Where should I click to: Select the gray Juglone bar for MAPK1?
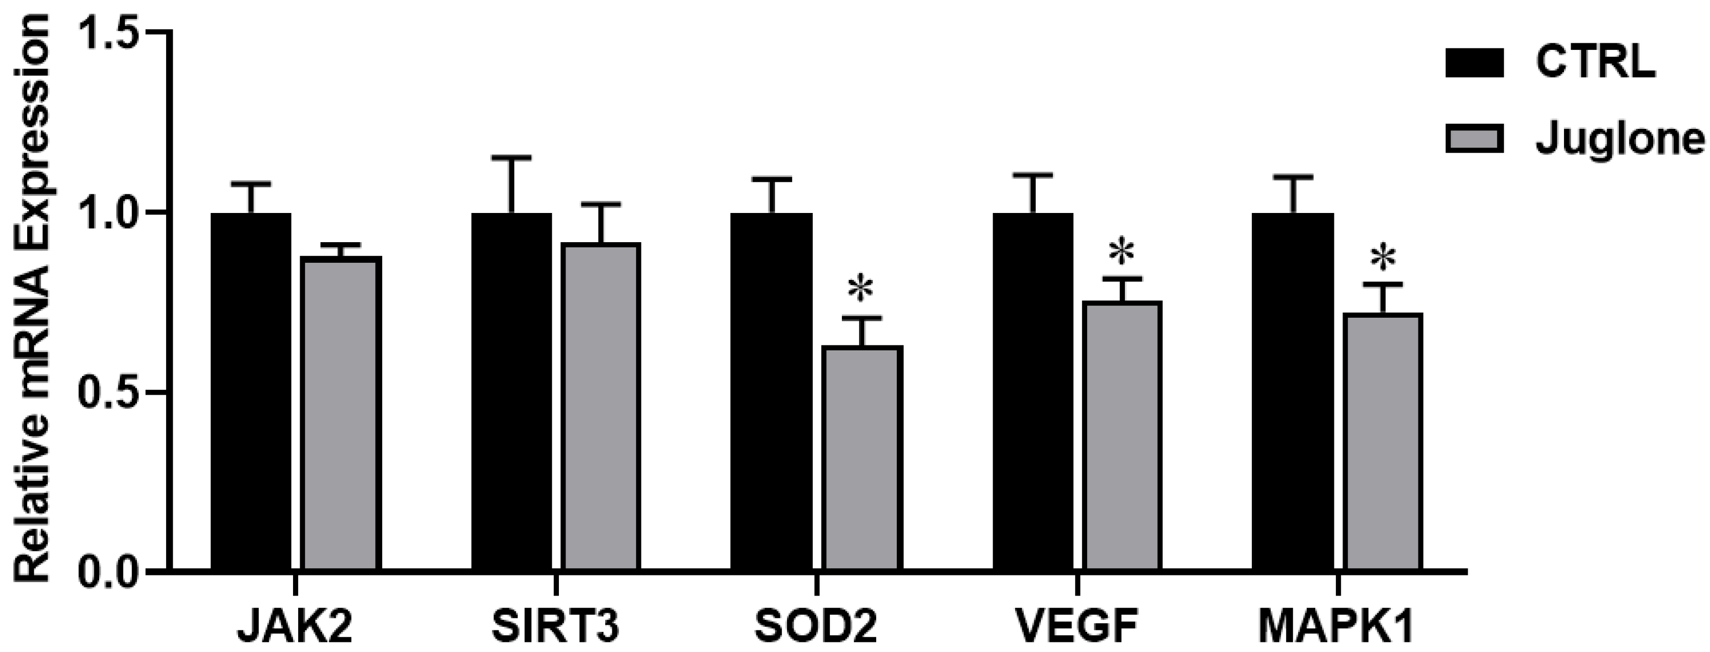(x=1383, y=441)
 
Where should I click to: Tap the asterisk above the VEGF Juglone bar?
(x=1122, y=252)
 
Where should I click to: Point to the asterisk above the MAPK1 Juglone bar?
(x=1383, y=258)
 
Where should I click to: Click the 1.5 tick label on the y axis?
(x=110, y=32)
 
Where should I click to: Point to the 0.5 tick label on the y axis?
(x=110, y=393)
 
